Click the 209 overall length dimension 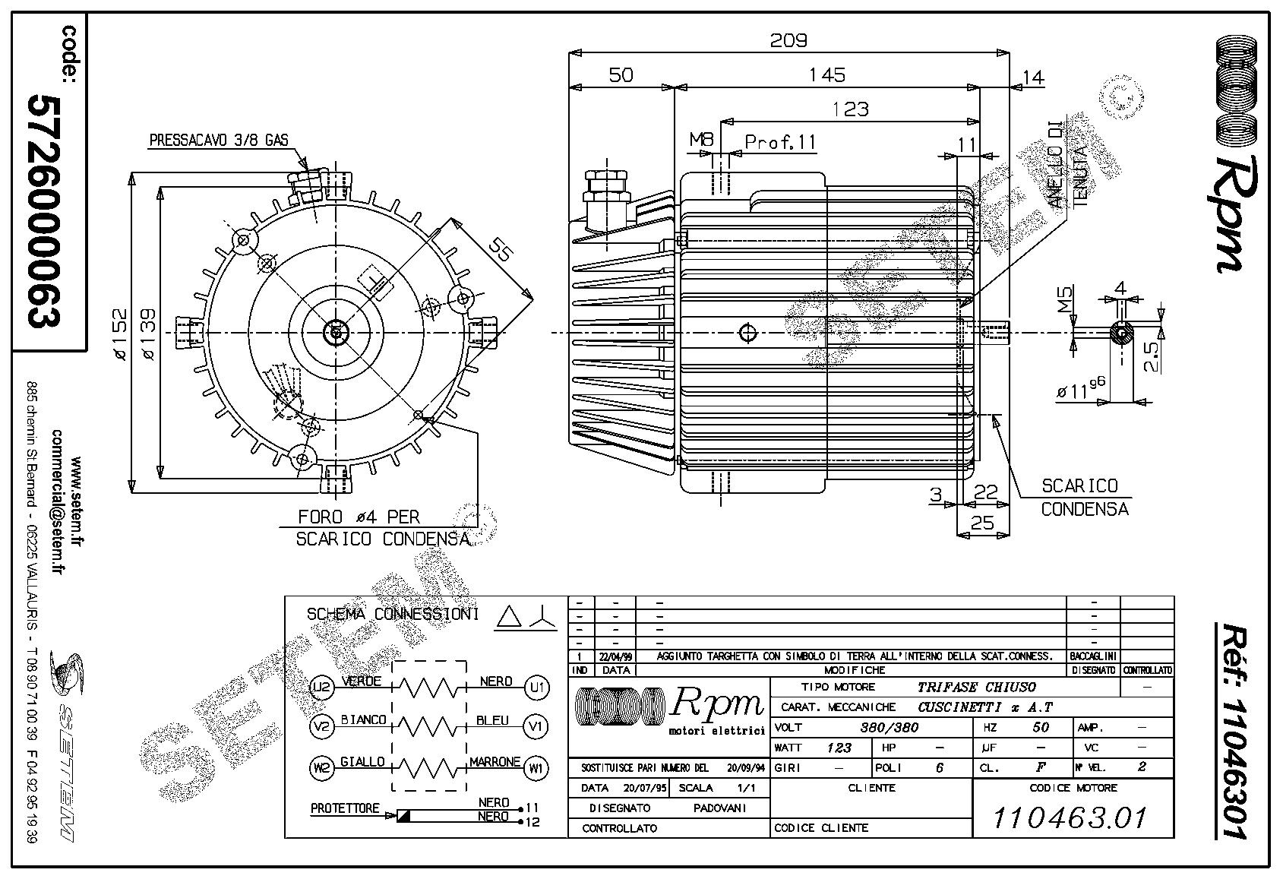point(788,40)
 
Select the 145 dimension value point(826,74)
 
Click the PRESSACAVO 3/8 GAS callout point(218,140)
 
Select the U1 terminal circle point(536,688)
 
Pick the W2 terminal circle point(322,768)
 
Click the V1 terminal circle point(536,727)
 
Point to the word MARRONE point(495,761)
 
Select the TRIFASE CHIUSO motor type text point(976,687)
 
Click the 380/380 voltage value point(889,727)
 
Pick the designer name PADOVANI point(720,808)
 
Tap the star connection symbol point(542,618)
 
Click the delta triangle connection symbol point(507,618)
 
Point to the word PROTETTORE point(344,808)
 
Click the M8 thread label point(701,140)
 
